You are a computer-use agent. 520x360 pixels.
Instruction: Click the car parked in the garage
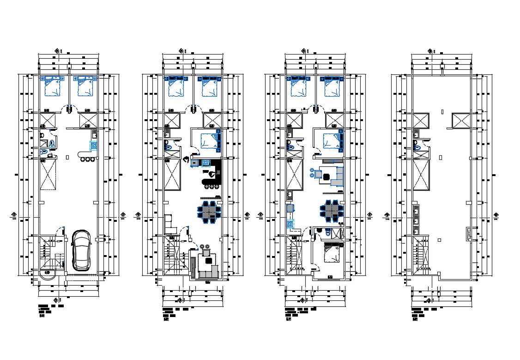pyautogui.click(x=81, y=250)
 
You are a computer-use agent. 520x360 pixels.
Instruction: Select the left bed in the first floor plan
pyautogui.click(x=53, y=87)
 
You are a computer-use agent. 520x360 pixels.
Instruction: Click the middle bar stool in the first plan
pyautogui.click(x=87, y=159)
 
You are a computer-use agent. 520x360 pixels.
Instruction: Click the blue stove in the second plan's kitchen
pyautogui.click(x=206, y=163)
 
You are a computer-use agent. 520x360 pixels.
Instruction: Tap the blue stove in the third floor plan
pyautogui.click(x=290, y=224)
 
